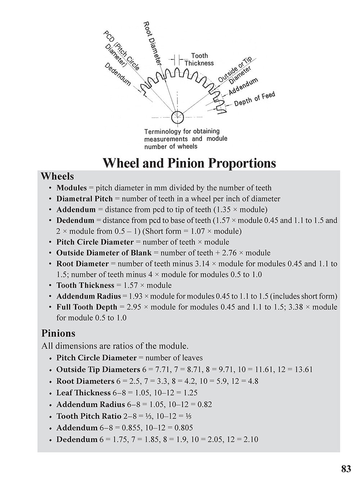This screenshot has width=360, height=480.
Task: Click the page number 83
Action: tap(346, 468)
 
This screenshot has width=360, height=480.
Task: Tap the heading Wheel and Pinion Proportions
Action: tap(189, 163)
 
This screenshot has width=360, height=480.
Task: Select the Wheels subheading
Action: tap(57, 176)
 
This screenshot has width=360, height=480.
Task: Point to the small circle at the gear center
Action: tap(177, 117)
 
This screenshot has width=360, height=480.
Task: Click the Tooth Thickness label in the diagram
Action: tap(199, 59)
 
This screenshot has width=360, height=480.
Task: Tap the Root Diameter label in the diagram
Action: tap(152, 43)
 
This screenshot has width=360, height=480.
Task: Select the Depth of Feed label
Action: tap(254, 99)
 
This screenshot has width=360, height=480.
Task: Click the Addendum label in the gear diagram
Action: tap(243, 86)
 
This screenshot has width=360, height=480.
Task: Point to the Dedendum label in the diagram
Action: tap(118, 74)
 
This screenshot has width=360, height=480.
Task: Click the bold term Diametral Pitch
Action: tap(85, 199)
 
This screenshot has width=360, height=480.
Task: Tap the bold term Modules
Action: tap(72, 188)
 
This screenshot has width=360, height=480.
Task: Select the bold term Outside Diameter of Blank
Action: tap(104, 253)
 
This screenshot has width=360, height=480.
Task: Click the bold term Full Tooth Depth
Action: tap(87, 307)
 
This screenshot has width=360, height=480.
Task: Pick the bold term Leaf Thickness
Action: tap(84, 393)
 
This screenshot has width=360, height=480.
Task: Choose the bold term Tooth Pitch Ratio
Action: tap(89, 416)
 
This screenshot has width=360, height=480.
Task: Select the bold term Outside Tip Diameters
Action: tap(98, 369)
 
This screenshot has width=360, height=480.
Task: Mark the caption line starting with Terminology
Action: tap(182, 131)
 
